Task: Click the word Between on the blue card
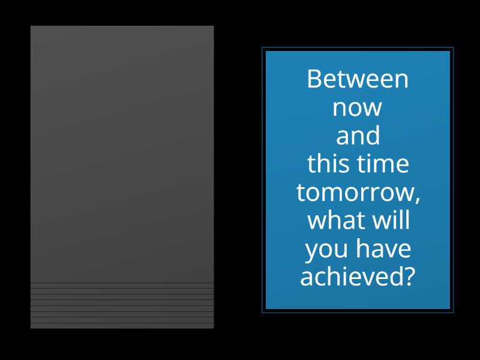coord(358,79)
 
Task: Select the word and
coord(358,136)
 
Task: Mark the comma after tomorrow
coord(416,198)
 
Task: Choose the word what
coord(332,220)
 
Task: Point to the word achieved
coord(351,277)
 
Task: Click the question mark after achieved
coord(408,277)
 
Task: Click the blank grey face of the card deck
coord(122,150)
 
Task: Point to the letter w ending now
coord(373,110)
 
